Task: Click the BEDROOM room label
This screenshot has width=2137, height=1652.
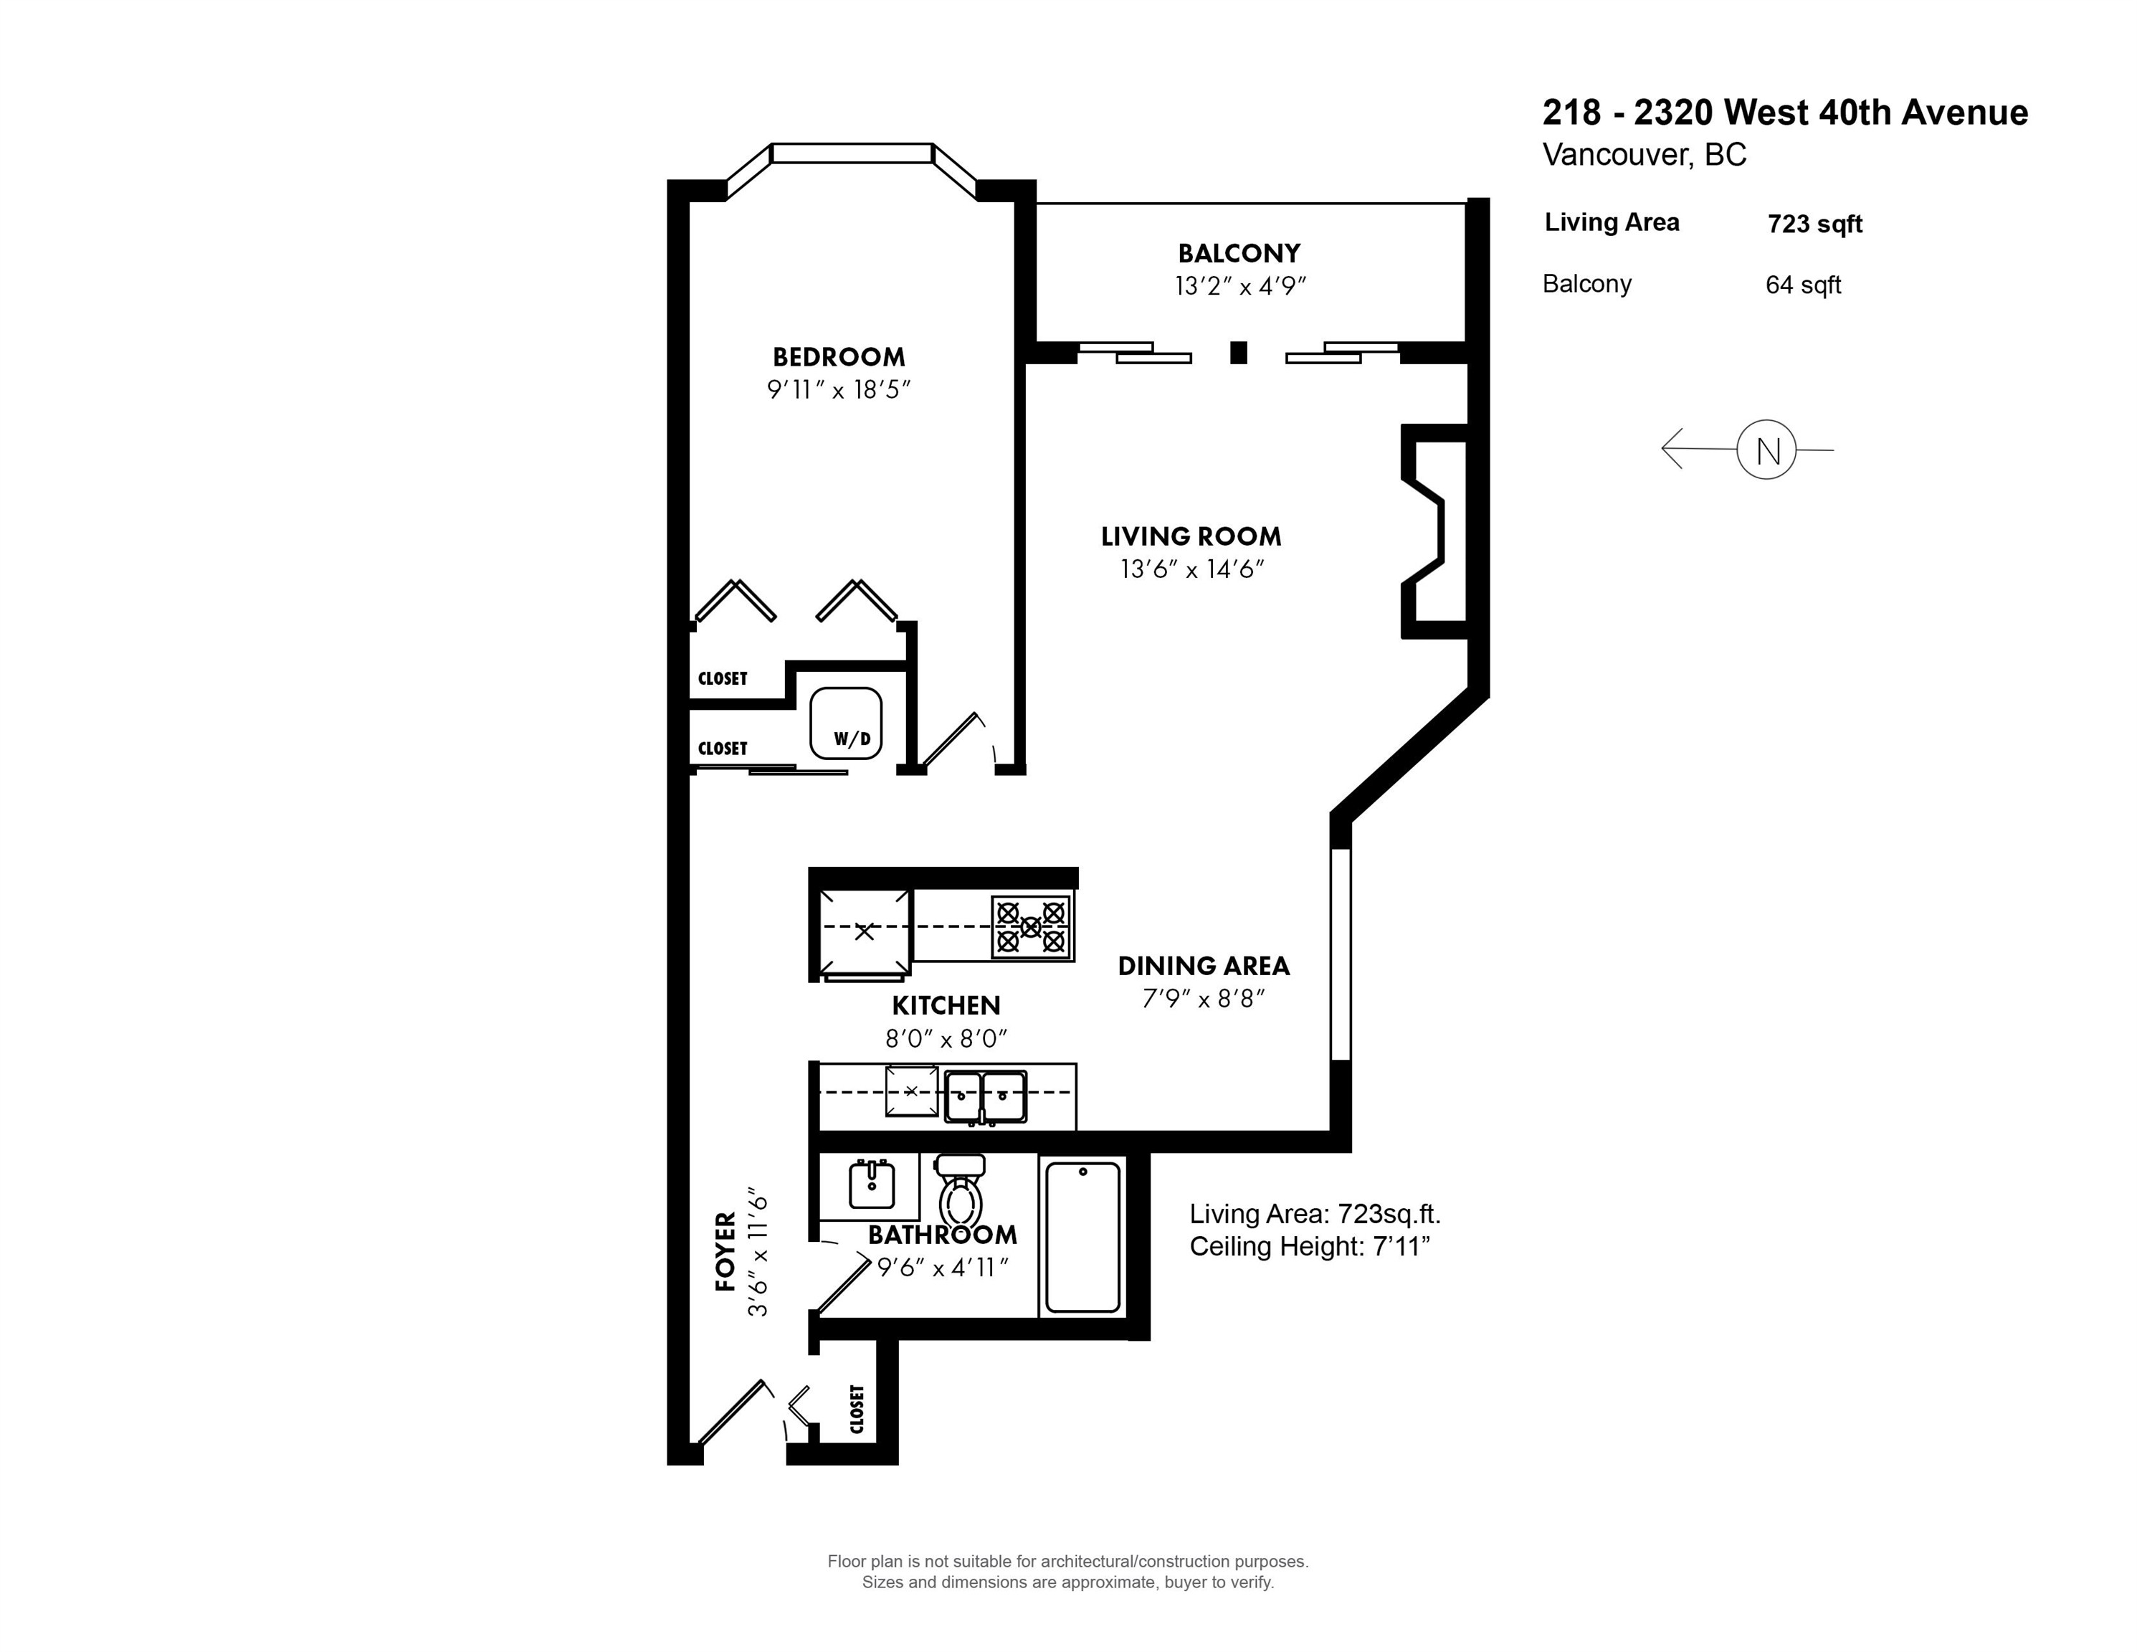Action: [x=839, y=357]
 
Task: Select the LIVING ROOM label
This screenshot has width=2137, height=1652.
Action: [x=1191, y=536]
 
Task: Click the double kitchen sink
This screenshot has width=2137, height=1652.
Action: [x=985, y=1096]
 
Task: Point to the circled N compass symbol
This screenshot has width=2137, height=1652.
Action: [x=1766, y=450]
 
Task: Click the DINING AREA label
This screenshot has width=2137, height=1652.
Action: [x=1204, y=966]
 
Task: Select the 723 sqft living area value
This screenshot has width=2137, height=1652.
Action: [x=1815, y=224]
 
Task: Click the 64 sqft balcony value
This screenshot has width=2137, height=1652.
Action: [x=1804, y=285]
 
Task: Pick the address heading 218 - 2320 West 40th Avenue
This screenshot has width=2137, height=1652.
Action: [x=1786, y=113]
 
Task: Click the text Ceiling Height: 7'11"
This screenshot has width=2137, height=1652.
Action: [x=1310, y=1247]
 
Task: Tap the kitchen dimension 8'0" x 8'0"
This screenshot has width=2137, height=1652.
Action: [x=946, y=1038]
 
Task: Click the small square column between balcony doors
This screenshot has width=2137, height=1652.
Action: [x=1239, y=352]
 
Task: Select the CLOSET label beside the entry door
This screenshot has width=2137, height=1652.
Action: [x=857, y=1409]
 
